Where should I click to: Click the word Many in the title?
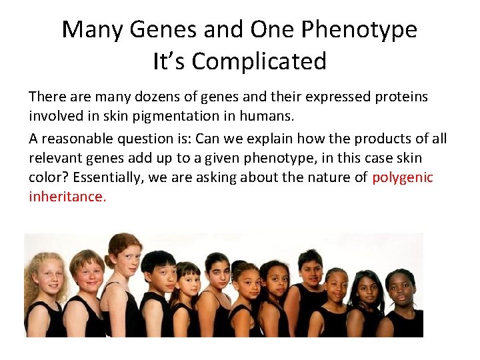(94, 30)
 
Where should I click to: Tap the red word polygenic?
(403, 178)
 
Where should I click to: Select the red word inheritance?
(67, 197)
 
